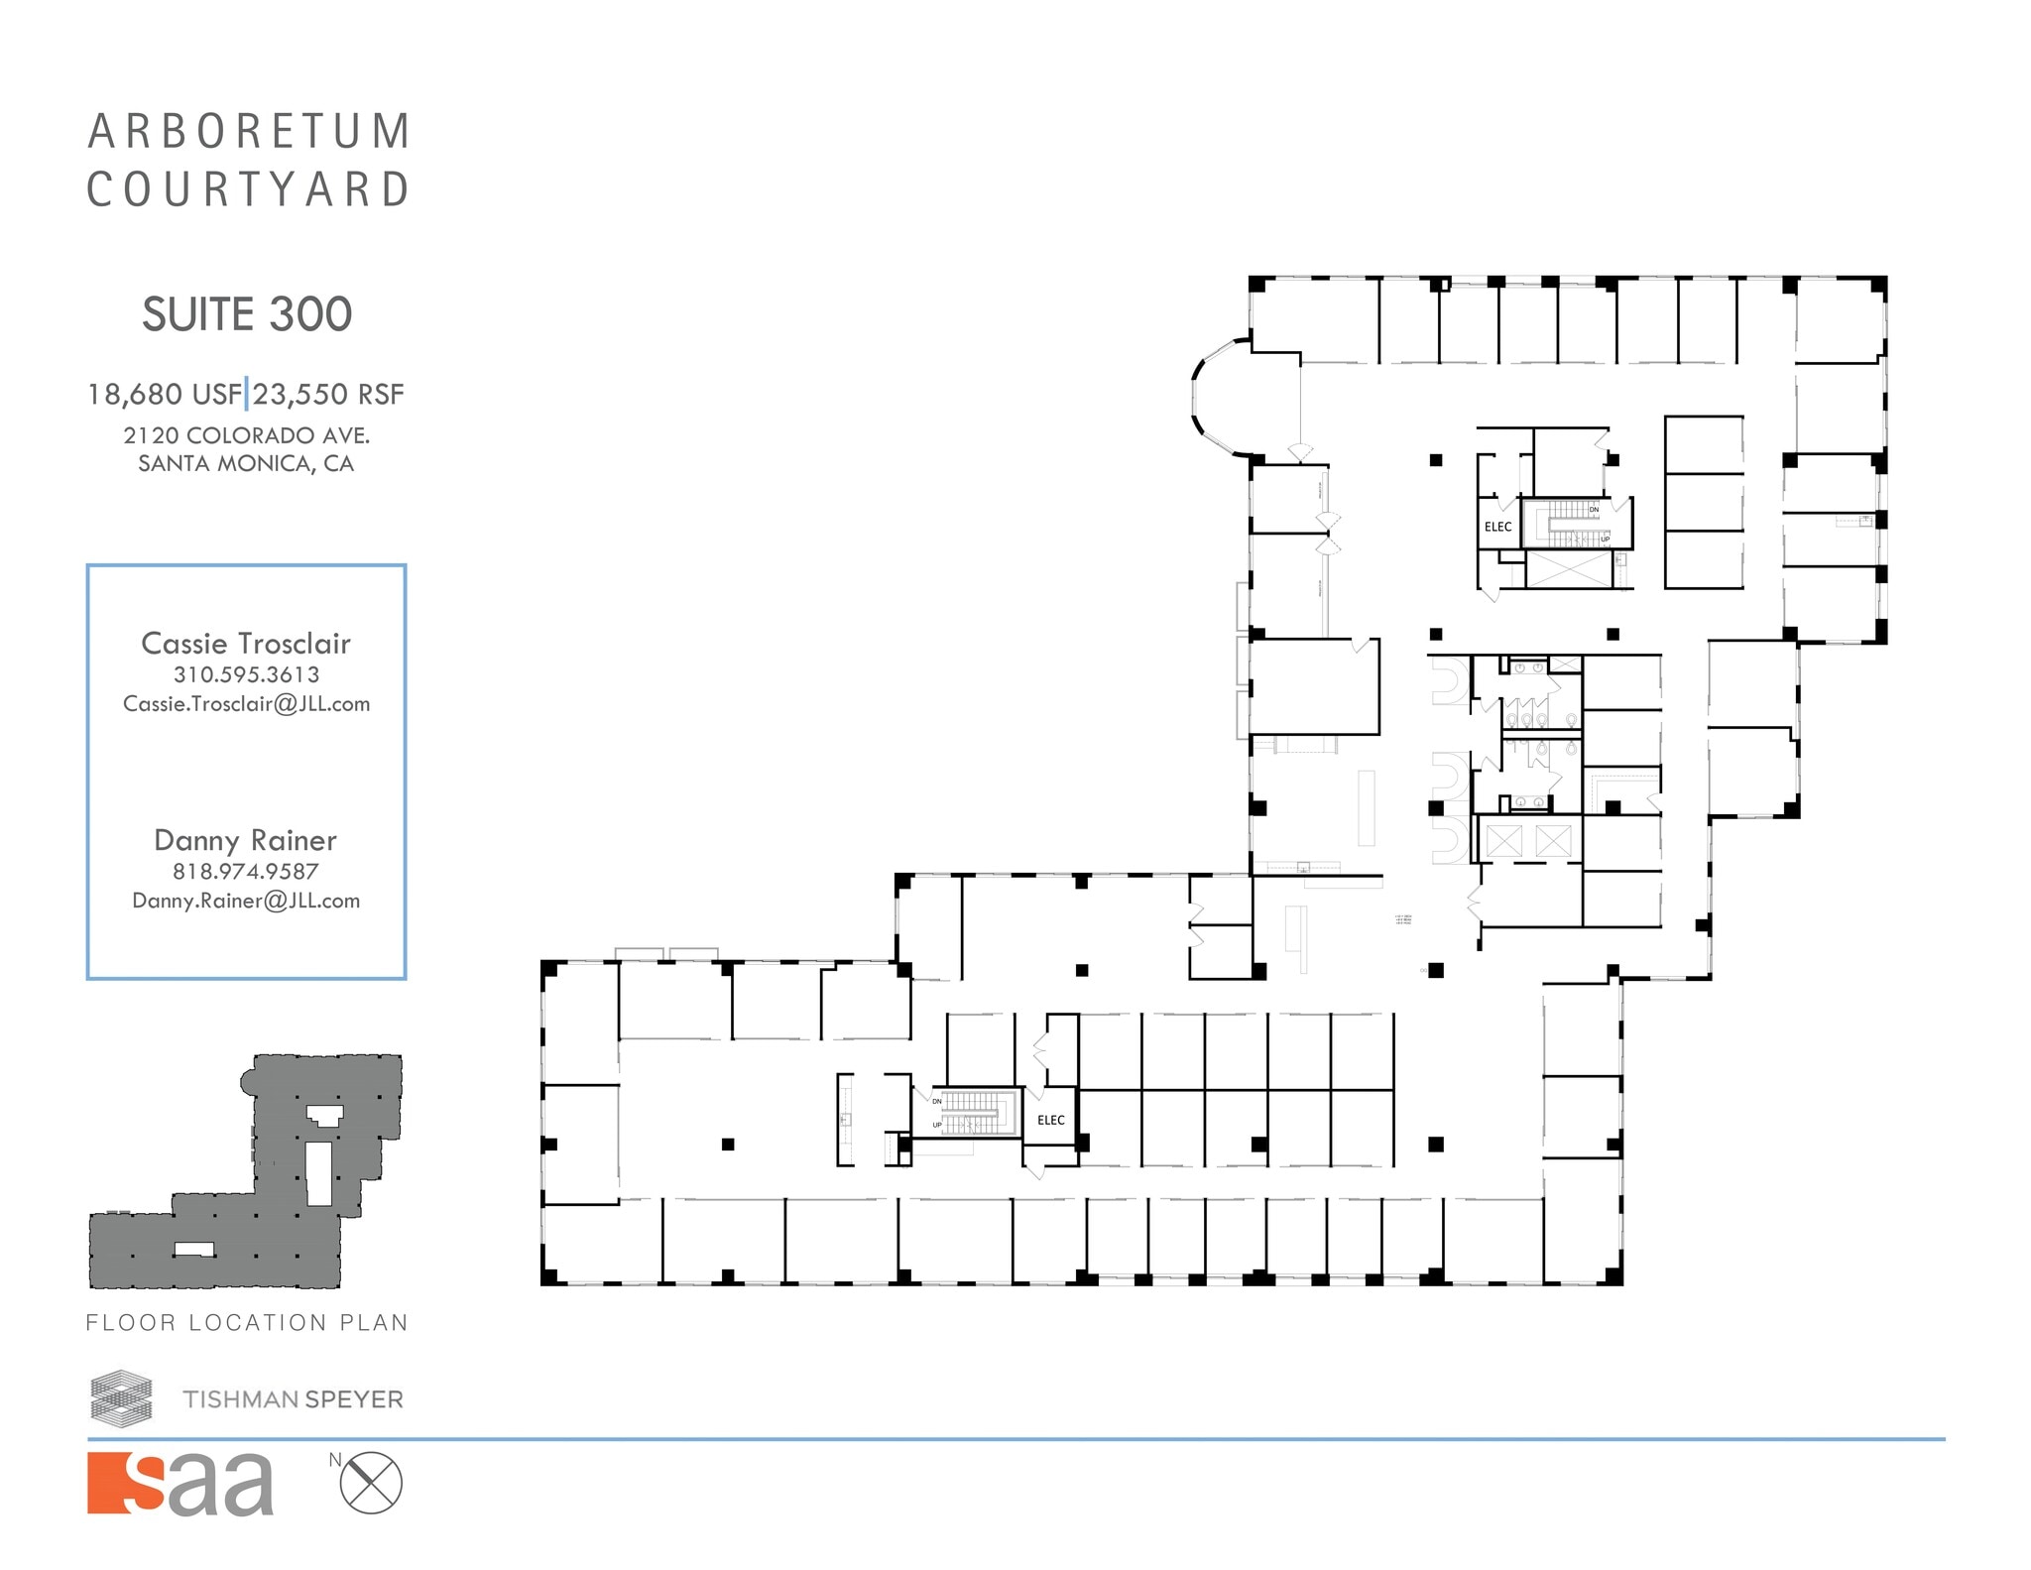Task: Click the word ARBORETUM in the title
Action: pyautogui.click(x=248, y=132)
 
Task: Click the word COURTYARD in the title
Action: pyautogui.click(x=248, y=189)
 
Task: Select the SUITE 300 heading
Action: pyautogui.click(x=247, y=314)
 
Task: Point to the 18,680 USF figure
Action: pyautogui.click(x=164, y=395)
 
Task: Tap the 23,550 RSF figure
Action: pyautogui.click(x=328, y=395)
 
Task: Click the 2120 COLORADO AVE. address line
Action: pyautogui.click(x=246, y=435)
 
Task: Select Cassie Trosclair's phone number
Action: pyautogui.click(x=246, y=674)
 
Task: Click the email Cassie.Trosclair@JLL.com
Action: pyautogui.click(x=246, y=704)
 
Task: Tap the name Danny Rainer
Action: pyautogui.click(x=246, y=840)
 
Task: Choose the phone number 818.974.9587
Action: pyautogui.click(x=246, y=872)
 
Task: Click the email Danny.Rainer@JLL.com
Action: pyautogui.click(x=246, y=902)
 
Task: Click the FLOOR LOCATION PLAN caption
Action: pyautogui.click(x=247, y=1322)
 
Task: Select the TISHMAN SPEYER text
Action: pyautogui.click(x=293, y=1399)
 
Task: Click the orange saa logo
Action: pyautogui.click(x=180, y=1484)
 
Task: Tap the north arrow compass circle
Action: pyautogui.click(x=371, y=1483)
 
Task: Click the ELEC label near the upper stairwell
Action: pyautogui.click(x=1497, y=527)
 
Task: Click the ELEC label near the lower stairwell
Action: pyautogui.click(x=1050, y=1120)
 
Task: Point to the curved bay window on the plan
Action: pyautogui.click(x=1212, y=397)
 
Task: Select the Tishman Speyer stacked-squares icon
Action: pyautogui.click(x=121, y=1396)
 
